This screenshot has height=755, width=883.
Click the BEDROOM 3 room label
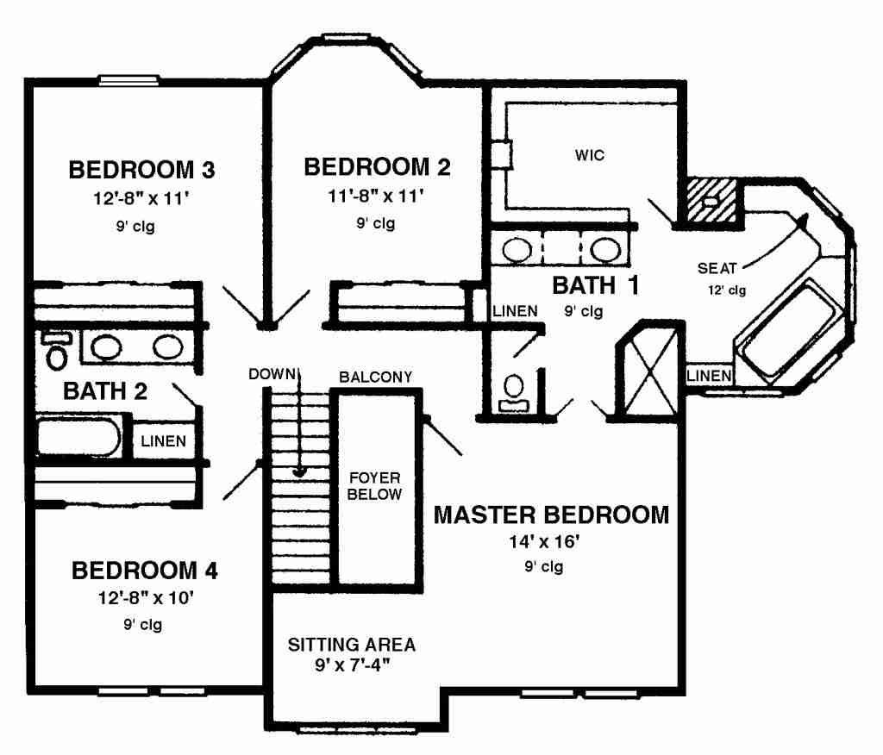(x=141, y=170)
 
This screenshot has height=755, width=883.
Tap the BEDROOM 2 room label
(x=377, y=166)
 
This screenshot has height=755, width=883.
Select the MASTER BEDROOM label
(x=551, y=515)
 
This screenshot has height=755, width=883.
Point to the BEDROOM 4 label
(x=144, y=571)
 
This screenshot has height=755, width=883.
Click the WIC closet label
(x=590, y=155)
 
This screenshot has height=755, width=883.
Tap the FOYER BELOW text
(x=374, y=486)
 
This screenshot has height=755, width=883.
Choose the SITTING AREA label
(x=352, y=644)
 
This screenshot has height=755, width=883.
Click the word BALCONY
(x=376, y=377)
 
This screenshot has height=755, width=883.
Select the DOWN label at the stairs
(x=272, y=374)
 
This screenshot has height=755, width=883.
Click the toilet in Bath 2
(x=56, y=351)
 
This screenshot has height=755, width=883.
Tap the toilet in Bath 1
(x=513, y=394)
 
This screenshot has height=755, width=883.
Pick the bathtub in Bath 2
(x=78, y=437)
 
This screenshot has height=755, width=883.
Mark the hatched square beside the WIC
(x=711, y=201)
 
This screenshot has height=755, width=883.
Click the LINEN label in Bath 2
(x=163, y=440)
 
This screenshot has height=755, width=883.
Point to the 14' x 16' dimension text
(x=545, y=541)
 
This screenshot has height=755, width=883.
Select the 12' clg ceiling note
(x=727, y=290)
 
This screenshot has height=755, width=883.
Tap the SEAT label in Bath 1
(x=717, y=269)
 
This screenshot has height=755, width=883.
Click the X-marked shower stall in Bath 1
(x=650, y=370)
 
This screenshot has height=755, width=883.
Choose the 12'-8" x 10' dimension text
(x=146, y=597)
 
